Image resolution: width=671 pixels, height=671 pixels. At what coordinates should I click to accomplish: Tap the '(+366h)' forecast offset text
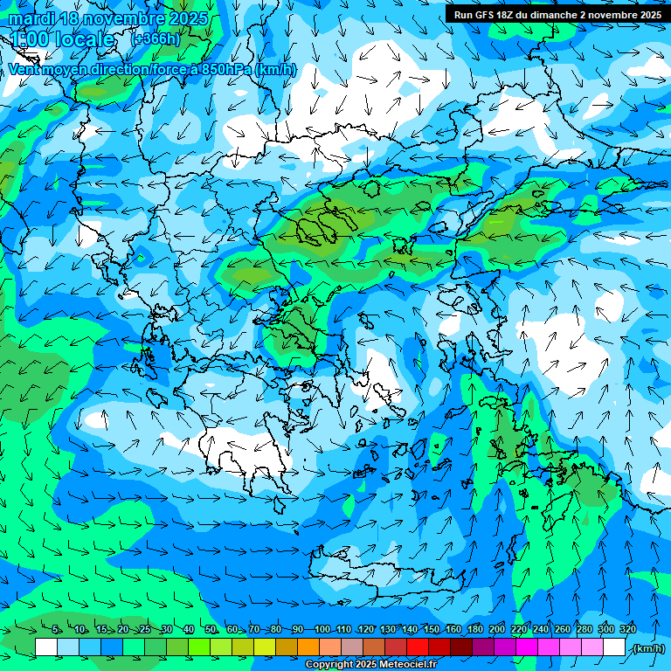pyautogui.click(x=155, y=39)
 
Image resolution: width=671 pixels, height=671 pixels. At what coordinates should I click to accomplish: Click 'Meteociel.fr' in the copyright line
pyautogui.click(x=410, y=665)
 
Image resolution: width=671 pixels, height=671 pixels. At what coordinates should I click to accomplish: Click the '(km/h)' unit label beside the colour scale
pyautogui.click(x=647, y=648)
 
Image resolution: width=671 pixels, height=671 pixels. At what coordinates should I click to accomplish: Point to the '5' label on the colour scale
pyautogui.click(x=56, y=630)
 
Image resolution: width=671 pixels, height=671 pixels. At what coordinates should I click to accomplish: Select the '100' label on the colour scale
pyautogui.click(x=322, y=630)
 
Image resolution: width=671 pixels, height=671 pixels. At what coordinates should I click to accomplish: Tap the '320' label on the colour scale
pyautogui.click(x=627, y=630)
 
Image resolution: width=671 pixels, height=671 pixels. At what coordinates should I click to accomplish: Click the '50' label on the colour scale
pyautogui.click(x=211, y=630)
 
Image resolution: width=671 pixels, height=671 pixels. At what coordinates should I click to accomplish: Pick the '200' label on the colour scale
pyautogui.click(x=497, y=630)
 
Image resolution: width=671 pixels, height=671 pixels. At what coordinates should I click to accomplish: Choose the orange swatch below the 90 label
pyautogui.click(x=308, y=647)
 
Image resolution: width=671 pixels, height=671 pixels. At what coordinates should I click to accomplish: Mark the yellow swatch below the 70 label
pyautogui.click(x=265, y=647)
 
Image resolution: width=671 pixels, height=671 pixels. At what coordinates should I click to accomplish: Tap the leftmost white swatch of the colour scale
pyautogui.click(x=46, y=647)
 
